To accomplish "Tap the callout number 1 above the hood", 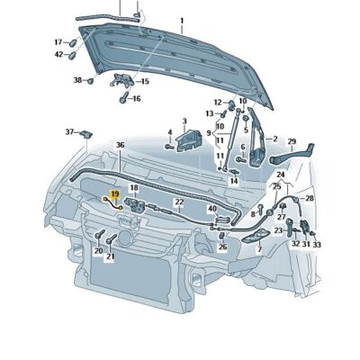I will click(180, 20).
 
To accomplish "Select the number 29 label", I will click(291, 141).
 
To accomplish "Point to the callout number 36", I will click(120, 145).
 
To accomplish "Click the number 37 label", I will click(69, 132).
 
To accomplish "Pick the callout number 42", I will click(58, 54).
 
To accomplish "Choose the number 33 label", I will click(316, 244).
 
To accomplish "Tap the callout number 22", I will click(178, 202).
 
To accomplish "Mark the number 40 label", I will click(212, 209).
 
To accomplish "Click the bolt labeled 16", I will click(125, 96).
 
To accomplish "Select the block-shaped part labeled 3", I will click(189, 139).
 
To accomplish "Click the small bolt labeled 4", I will click(167, 146).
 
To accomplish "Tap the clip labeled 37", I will click(85, 136).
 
